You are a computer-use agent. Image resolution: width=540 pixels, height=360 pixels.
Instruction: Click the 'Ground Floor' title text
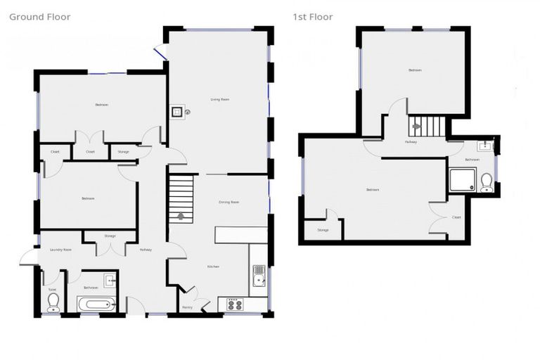39,17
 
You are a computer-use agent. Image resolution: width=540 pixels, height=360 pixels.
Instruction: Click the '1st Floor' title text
313,17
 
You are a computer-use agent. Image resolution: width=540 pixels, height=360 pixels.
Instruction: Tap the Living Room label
220,100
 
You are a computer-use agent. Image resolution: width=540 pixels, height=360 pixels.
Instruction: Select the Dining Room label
229,202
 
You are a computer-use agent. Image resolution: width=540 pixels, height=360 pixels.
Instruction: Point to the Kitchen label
213,266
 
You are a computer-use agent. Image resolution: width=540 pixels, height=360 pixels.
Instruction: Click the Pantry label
187,307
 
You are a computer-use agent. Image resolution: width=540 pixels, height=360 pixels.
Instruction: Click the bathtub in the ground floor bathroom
95,304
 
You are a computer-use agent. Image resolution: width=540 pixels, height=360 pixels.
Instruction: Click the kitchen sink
258,276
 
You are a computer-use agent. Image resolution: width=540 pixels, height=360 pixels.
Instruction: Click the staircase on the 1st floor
427,127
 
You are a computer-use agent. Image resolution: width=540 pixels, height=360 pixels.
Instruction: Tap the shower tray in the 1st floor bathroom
462,179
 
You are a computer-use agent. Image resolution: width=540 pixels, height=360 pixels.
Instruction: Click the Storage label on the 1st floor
323,230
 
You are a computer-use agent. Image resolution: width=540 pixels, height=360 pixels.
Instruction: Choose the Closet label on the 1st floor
456,217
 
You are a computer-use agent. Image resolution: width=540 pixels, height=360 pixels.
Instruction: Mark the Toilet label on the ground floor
52,289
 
